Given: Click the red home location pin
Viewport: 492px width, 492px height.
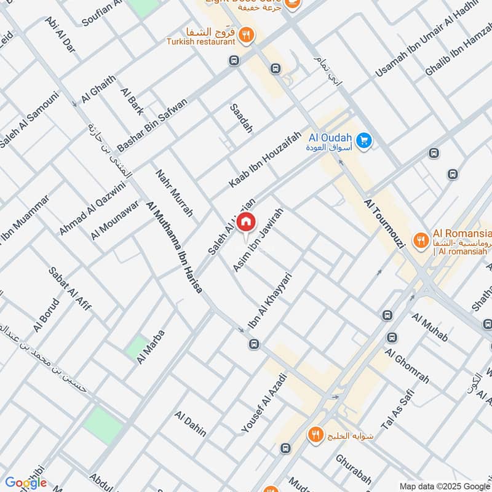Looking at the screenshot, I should (x=246, y=221).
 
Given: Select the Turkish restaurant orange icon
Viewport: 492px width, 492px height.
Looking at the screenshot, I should (x=246, y=35).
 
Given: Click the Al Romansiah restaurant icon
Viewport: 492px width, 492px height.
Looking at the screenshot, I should (x=421, y=240).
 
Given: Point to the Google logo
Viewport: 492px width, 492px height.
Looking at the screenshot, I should (x=26, y=483).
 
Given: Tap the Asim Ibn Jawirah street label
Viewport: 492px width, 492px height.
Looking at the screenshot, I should (x=258, y=240).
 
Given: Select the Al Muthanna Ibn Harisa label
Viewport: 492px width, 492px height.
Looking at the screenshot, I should (x=175, y=247).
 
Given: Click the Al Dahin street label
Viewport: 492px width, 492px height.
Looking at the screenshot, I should (x=191, y=424).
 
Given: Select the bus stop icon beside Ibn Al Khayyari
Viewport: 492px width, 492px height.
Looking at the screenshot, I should (x=253, y=344).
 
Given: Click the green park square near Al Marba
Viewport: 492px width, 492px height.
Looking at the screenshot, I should (x=136, y=346).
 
